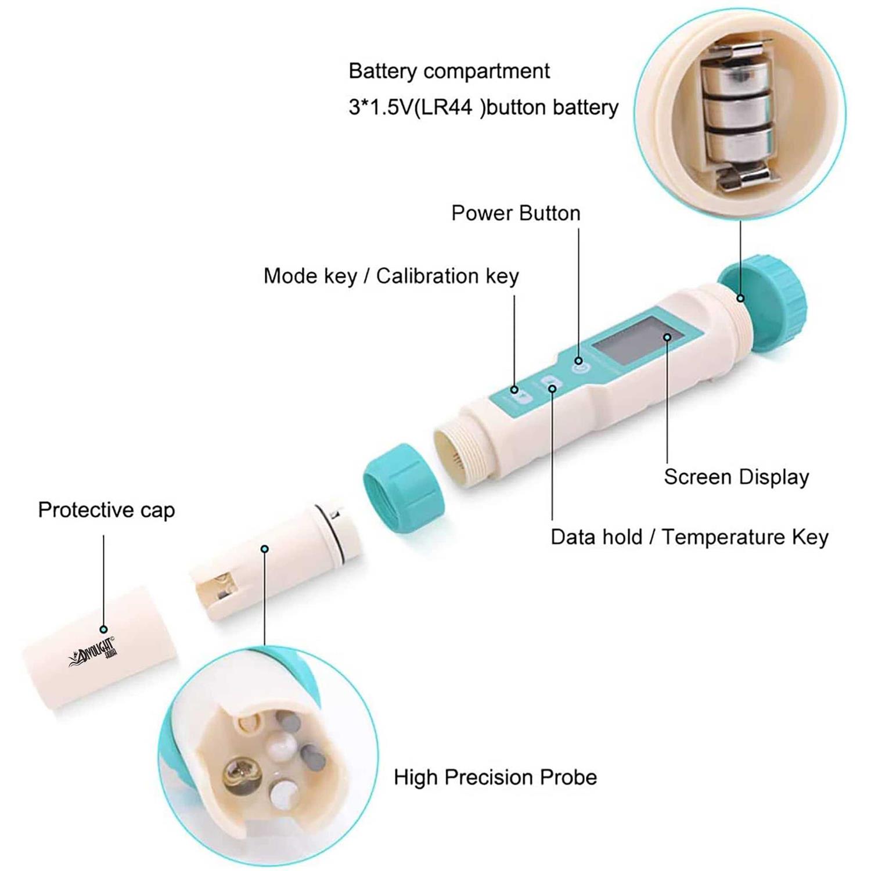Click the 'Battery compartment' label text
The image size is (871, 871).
click(x=449, y=71)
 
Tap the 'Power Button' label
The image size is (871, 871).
click(x=516, y=213)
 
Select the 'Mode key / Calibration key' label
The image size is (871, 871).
click(x=391, y=276)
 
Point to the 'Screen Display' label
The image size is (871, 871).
click(x=736, y=477)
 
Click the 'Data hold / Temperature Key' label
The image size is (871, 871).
click(x=689, y=537)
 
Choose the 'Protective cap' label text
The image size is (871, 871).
click(x=106, y=510)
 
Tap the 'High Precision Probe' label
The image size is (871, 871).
click(x=495, y=777)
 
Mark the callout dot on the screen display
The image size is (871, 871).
click(x=668, y=337)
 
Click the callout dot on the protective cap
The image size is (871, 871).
click(x=103, y=629)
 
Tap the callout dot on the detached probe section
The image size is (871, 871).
click(x=265, y=549)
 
